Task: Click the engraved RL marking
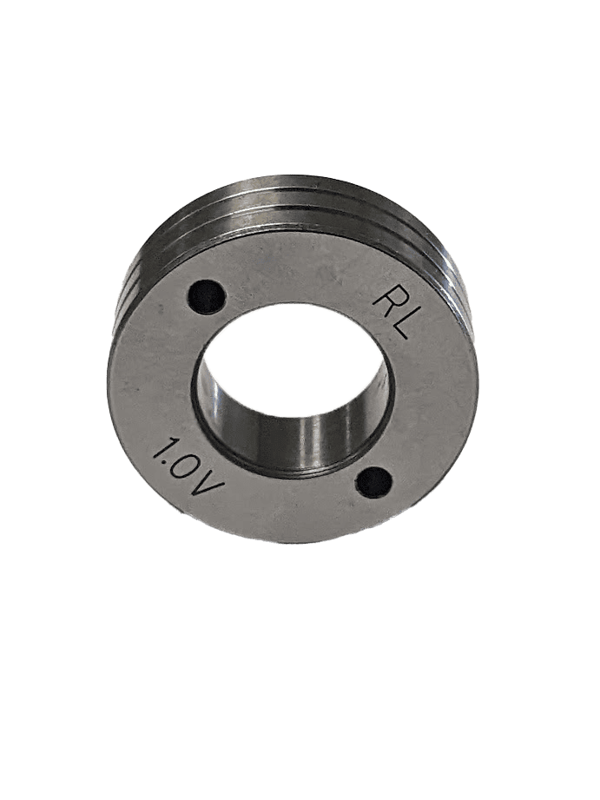tap(392, 314)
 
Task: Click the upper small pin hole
tap(208, 296)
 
